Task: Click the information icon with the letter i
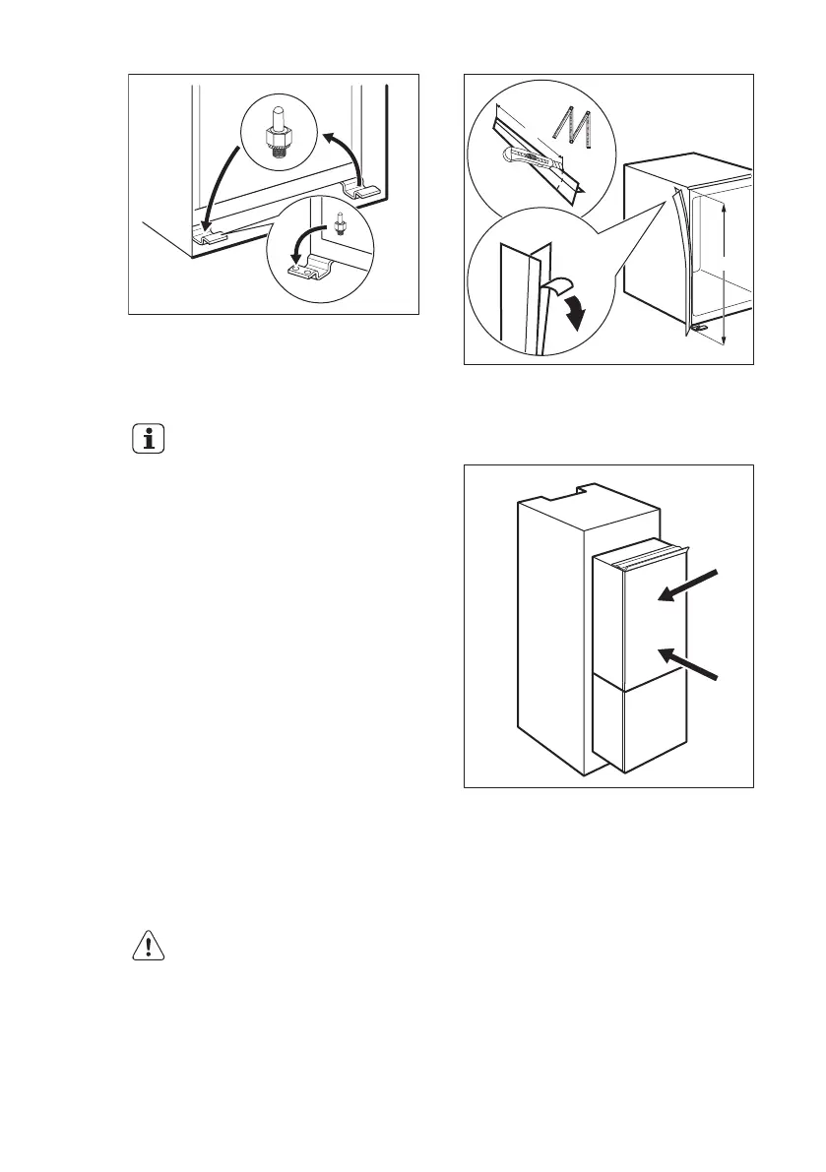tap(150, 440)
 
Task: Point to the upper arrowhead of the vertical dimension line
tap(724, 209)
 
